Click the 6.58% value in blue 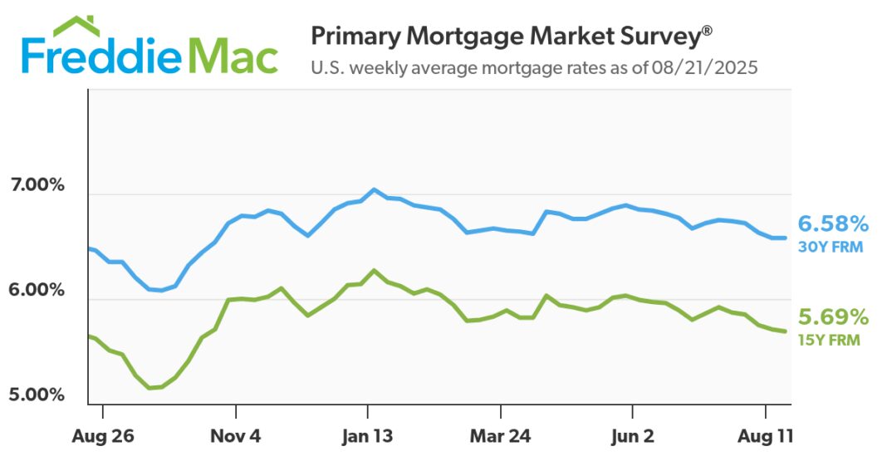833,223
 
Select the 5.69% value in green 833,317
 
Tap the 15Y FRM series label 829,340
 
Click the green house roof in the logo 76,27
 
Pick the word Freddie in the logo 101,56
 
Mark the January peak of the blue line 374,189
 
